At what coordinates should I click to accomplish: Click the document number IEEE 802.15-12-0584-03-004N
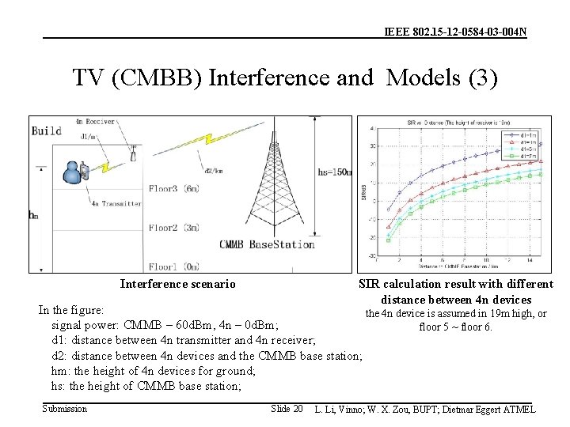pyautogui.click(x=455, y=32)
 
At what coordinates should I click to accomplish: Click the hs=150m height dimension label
pyautogui.click(x=333, y=172)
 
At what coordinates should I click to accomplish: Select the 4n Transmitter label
pyautogui.click(x=116, y=203)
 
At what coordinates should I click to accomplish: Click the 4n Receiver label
pyautogui.click(x=95, y=122)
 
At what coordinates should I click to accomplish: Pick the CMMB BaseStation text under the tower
pyautogui.click(x=267, y=244)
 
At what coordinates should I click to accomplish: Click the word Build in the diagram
pyautogui.click(x=47, y=130)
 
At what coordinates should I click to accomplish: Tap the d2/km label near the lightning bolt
pyautogui.click(x=212, y=170)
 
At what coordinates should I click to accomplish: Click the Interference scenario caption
pyautogui.click(x=177, y=284)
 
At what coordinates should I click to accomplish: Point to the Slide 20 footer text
pyautogui.click(x=287, y=409)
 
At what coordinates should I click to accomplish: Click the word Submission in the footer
pyautogui.click(x=65, y=409)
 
